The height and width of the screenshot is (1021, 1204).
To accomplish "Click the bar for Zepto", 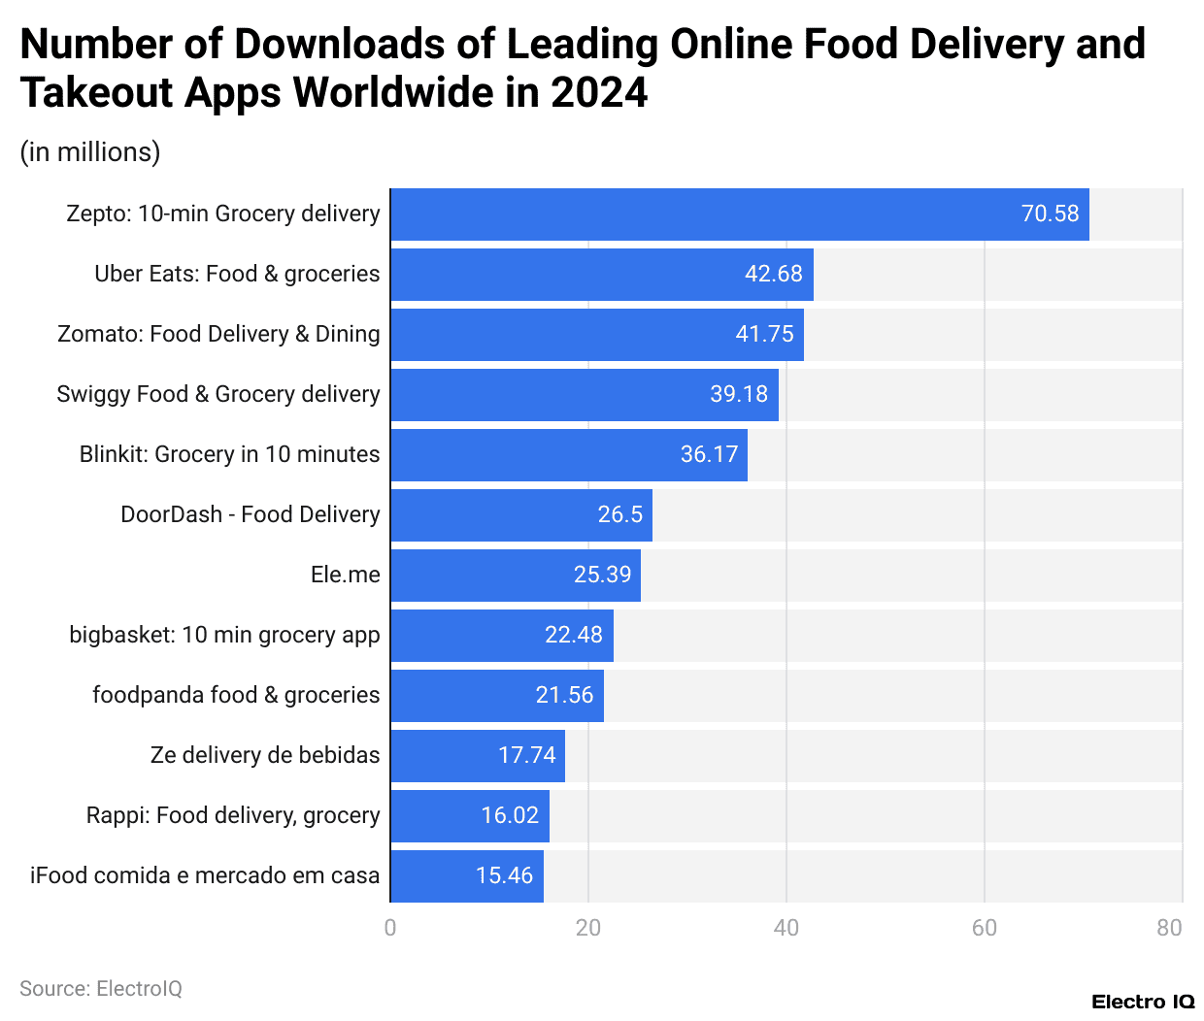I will (x=739, y=214).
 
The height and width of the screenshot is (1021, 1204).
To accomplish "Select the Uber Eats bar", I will (x=601, y=275).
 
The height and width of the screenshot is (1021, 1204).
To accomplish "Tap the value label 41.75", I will (x=764, y=334).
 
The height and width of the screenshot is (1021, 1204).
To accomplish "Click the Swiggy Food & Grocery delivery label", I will (x=217, y=394).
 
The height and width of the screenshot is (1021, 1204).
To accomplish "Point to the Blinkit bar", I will (x=568, y=455).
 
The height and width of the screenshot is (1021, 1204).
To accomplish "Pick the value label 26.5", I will (x=619, y=514).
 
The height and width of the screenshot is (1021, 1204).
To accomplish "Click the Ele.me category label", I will (x=345, y=575).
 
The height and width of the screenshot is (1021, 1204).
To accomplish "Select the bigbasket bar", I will (x=501, y=636).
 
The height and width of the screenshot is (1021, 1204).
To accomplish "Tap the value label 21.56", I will (x=564, y=695).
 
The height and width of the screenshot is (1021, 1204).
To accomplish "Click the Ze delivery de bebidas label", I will (x=265, y=755).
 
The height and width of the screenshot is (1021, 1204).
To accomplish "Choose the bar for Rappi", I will (x=469, y=816).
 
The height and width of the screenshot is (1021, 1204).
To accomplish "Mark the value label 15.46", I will (x=504, y=875).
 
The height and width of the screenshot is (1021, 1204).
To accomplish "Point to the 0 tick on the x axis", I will (x=390, y=928).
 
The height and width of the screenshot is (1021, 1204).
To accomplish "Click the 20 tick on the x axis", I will (x=588, y=928).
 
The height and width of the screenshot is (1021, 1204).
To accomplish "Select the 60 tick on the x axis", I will (x=984, y=928).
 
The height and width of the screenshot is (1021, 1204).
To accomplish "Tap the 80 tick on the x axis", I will (x=1169, y=928).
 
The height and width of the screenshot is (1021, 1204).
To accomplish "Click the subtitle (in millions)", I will (x=90, y=152).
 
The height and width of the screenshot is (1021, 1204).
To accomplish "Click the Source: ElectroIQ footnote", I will (x=101, y=988).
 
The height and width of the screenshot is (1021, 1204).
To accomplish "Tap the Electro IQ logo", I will (x=1142, y=1002).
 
